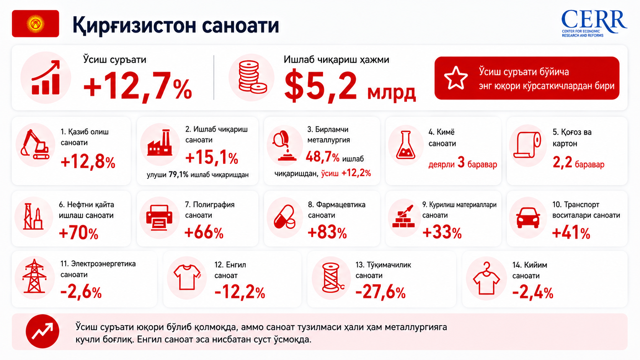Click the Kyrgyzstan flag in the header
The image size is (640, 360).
tap(36, 24)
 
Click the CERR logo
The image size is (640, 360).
tap(594, 23)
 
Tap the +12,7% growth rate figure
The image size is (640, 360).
tap(137, 86)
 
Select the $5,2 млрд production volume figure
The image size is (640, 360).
tap(350, 86)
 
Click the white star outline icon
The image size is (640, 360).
tap(456, 78)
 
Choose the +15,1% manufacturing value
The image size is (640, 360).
tap(212, 158)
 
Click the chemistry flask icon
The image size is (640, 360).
tap(406, 145)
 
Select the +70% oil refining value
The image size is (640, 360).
tap(78, 233)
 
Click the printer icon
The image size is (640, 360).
tap(159, 217)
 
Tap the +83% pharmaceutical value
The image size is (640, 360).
tap(327, 232)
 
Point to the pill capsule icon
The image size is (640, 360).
tap(284, 217)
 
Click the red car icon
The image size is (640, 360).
tap(528, 218)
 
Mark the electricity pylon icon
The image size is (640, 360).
tap(34, 276)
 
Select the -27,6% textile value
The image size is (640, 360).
tap(380, 293)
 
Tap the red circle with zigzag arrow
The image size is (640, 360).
tap(42, 331)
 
